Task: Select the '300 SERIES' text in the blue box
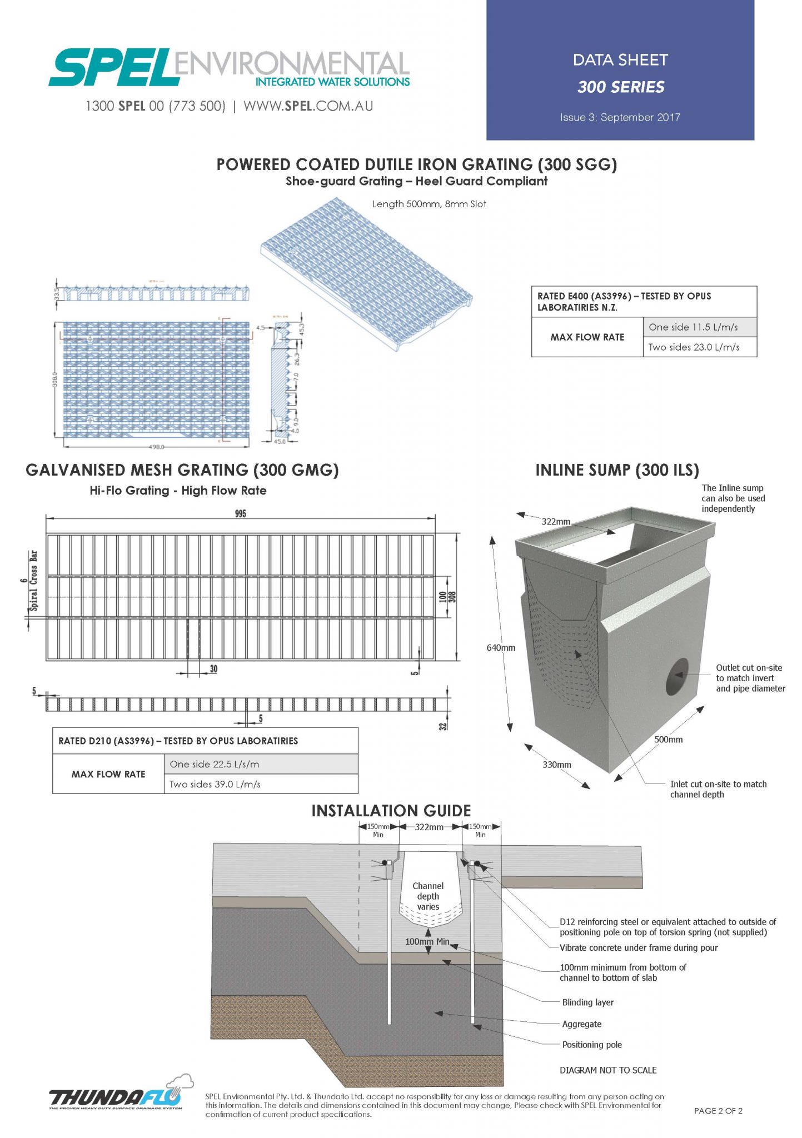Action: click(x=621, y=87)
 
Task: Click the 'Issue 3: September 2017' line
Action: click(x=620, y=117)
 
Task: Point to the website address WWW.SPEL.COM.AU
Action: click(x=308, y=106)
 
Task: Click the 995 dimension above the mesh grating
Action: click(x=240, y=513)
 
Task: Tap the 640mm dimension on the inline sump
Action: click(x=501, y=647)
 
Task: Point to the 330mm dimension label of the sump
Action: click(x=556, y=765)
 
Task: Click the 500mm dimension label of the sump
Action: click(x=668, y=740)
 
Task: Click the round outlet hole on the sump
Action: click(x=676, y=676)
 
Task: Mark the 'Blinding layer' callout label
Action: click(x=587, y=1002)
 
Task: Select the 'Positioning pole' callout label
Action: click(x=591, y=1044)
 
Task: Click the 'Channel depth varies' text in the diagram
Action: click(x=428, y=896)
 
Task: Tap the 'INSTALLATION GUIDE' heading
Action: click(x=391, y=811)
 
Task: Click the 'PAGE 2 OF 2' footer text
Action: click(x=718, y=1110)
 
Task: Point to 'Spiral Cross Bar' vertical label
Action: click(x=34, y=581)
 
